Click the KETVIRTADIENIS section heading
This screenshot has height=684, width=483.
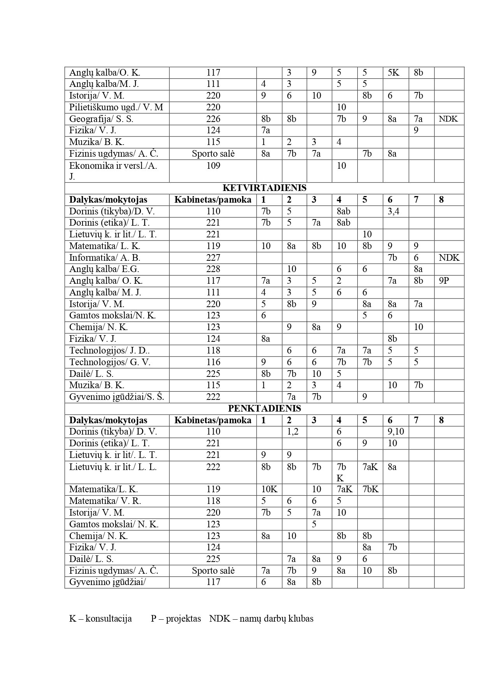(x=264, y=188)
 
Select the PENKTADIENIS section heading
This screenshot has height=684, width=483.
(x=264, y=408)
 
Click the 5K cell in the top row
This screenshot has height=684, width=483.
(x=393, y=72)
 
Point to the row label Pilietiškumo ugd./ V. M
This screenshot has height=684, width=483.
(x=116, y=107)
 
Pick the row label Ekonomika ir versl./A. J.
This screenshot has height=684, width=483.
(x=113, y=171)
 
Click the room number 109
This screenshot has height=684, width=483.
(x=213, y=166)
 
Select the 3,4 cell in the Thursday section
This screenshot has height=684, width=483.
(x=393, y=211)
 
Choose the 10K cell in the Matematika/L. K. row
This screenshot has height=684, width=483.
(x=269, y=489)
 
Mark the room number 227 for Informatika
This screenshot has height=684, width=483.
(x=213, y=258)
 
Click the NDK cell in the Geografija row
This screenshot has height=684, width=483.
(x=448, y=119)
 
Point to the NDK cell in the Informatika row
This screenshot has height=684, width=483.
(x=449, y=258)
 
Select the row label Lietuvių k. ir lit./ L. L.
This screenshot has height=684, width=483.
(x=113, y=467)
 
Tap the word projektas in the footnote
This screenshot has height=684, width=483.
(x=183, y=619)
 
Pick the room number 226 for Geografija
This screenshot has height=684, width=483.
(x=213, y=119)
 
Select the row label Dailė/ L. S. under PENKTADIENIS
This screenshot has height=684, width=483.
(x=91, y=559)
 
